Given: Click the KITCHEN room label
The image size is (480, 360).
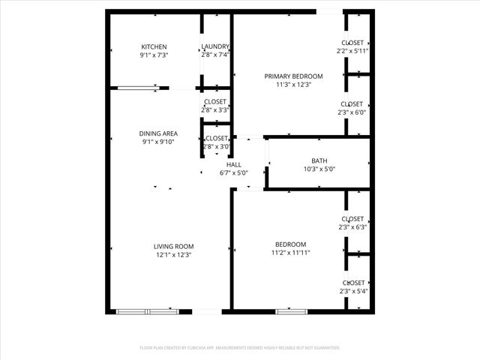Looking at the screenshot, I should [154, 46].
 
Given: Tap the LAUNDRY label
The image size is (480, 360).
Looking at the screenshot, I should [215, 46].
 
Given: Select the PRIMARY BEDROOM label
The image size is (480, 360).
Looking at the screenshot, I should [293, 76].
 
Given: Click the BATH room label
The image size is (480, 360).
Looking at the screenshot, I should [319, 160].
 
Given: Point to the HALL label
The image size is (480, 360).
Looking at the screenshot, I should [234, 164].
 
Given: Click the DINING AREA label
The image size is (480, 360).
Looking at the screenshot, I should [158, 133].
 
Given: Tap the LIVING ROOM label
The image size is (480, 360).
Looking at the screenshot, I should [174, 246].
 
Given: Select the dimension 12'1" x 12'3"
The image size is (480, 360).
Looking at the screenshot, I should [174, 255].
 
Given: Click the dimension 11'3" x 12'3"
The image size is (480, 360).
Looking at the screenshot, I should [293, 85].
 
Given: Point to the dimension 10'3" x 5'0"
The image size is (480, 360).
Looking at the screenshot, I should [319, 169].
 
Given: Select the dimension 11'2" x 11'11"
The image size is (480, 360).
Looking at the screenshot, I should [290, 253].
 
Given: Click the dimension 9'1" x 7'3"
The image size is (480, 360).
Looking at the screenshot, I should [154, 55].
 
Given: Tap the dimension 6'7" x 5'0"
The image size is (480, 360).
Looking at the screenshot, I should [234, 172].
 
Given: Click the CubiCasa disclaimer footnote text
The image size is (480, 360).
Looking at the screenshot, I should [240, 348].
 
